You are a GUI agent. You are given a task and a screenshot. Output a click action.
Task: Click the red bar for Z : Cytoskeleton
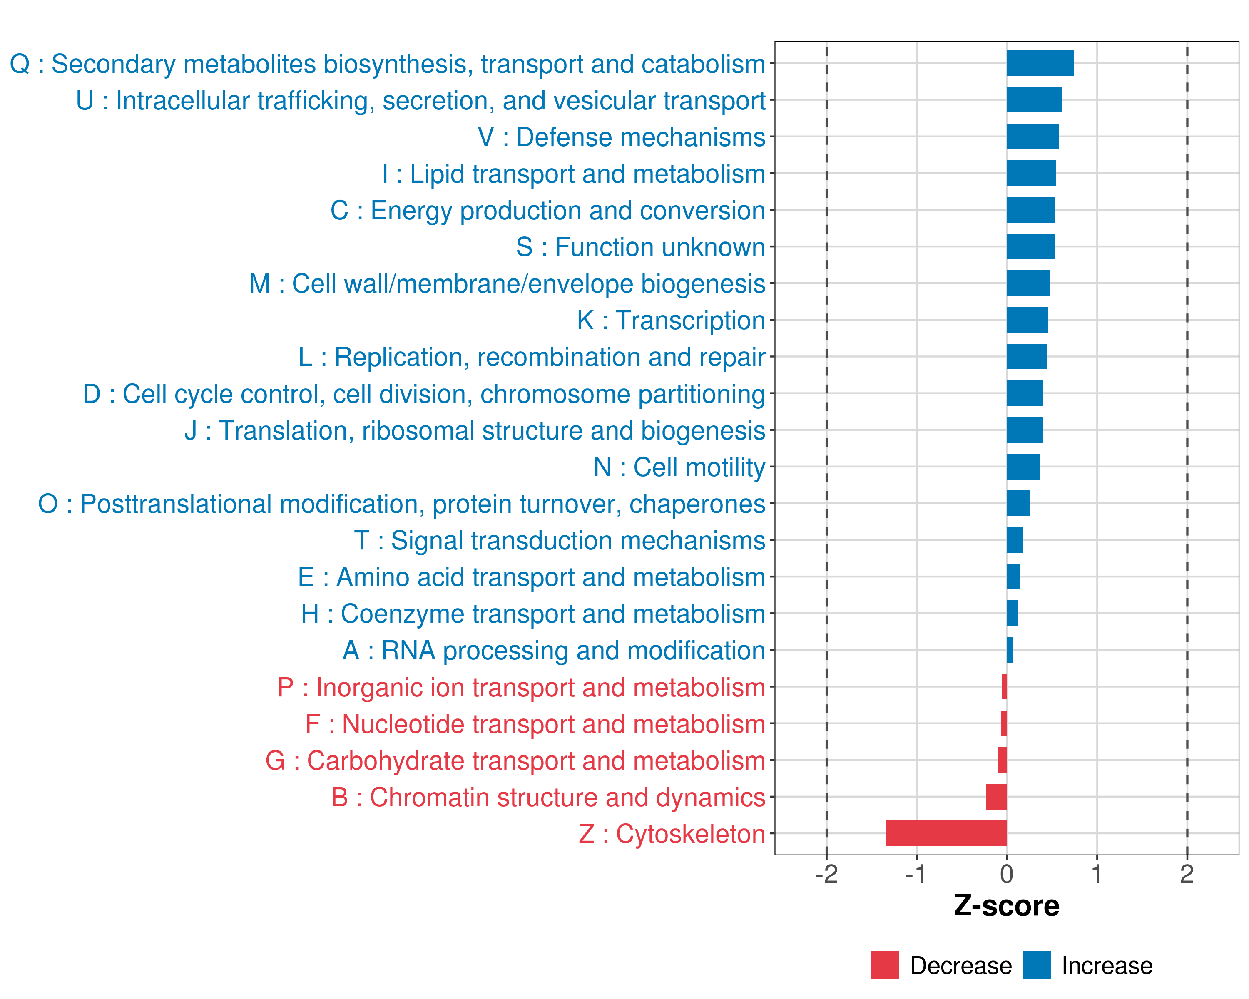click(946, 833)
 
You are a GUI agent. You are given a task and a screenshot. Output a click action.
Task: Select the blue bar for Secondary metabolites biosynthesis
click(1040, 63)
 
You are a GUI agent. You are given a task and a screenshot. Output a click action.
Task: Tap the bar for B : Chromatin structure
click(996, 796)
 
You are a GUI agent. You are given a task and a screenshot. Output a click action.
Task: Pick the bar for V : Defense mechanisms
click(1033, 137)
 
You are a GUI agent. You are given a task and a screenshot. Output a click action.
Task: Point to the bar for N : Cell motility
click(1024, 467)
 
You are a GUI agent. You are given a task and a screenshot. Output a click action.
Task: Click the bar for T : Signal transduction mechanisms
click(1015, 540)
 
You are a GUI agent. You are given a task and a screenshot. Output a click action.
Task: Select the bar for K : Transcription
click(1027, 320)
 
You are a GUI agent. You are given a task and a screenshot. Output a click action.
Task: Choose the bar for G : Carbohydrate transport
click(1002, 760)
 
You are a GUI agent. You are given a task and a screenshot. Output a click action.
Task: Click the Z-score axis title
click(1006, 906)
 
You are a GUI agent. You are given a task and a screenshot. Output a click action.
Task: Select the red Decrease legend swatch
click(885, 965)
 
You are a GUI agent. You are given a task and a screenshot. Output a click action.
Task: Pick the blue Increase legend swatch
click(1037, 965)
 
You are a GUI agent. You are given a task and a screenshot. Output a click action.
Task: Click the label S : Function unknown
click(641, 247)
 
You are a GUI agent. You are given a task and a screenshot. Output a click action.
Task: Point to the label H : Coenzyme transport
click(533, 614)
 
